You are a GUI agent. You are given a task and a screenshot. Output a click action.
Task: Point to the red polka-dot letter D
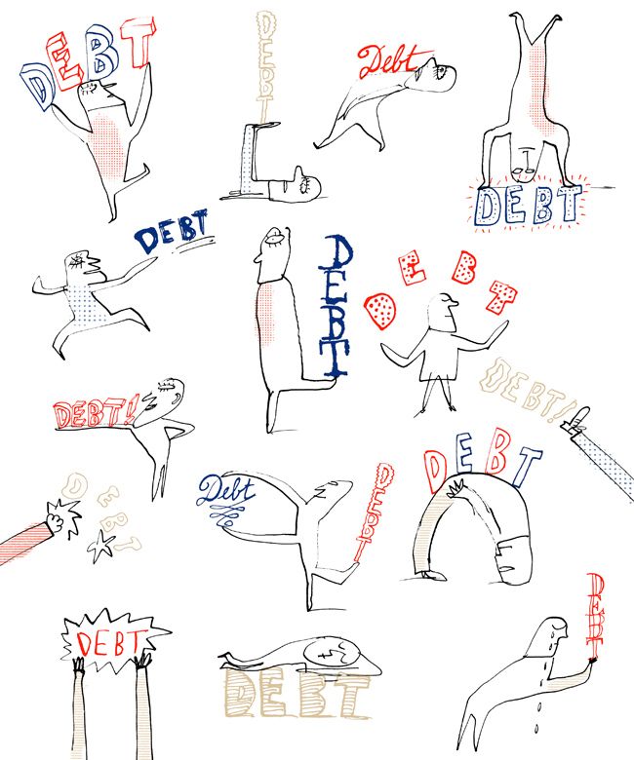(380, 311)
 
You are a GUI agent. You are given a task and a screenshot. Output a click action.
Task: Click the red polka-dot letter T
(502, 296)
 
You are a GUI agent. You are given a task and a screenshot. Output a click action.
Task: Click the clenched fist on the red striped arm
(55, 522)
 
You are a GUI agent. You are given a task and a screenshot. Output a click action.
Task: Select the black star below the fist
(99, 547)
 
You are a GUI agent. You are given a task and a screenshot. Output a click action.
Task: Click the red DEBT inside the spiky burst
(108, 642)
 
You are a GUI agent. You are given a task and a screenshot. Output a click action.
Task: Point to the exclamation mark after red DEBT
(131, 409)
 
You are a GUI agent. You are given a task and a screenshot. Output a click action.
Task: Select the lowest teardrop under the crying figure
(536, 728)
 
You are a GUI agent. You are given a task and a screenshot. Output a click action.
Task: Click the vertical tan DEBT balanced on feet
(265, 67)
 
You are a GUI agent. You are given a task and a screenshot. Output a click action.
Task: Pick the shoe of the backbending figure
(433, 575)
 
